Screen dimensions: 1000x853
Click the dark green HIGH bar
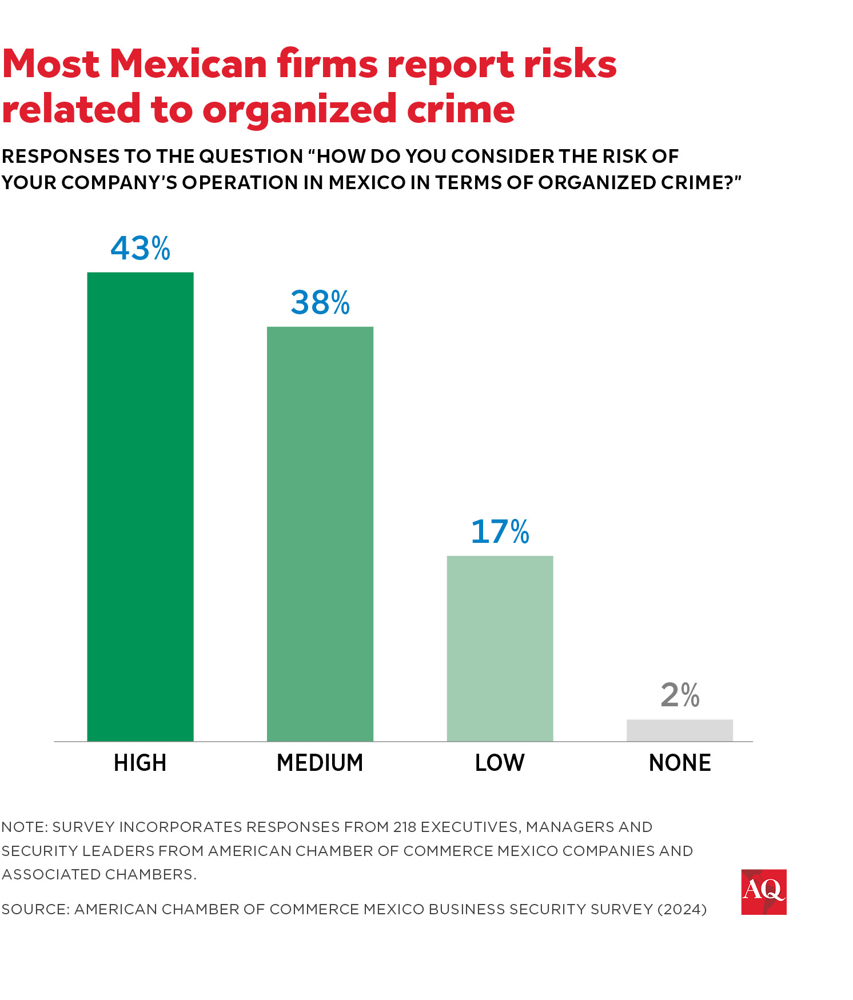click(140, 506)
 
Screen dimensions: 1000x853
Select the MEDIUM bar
click(320, 534)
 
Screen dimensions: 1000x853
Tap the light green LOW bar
click(500, 648)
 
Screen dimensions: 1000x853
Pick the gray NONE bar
click(679, 730)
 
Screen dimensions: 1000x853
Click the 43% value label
click(140, 249)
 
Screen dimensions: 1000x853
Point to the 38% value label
click(320, 303)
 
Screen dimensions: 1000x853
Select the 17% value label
click(500, 532)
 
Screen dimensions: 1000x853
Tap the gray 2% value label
click(680, 695)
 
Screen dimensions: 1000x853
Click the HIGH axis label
click(140, 763)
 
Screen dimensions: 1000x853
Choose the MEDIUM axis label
click(320, 763)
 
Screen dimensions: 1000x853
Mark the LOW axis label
click(500, 763)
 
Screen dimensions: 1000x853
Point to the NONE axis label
click(680, 763)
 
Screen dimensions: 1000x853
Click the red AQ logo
click(763, 892)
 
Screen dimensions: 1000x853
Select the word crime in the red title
click(461, 109)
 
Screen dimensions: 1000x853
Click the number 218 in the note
click(404, 827)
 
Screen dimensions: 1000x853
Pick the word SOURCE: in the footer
click(35, 909)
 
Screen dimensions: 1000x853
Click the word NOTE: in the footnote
click(24, 827)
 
